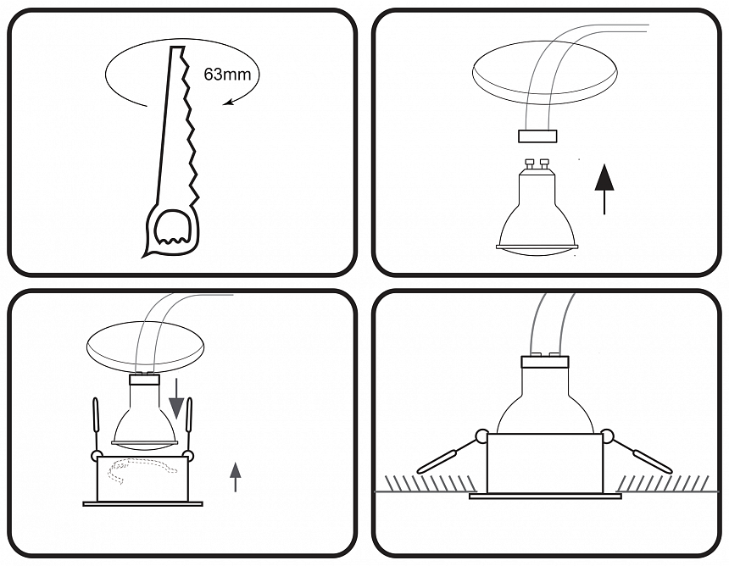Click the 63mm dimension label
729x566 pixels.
click(x=227, y=75)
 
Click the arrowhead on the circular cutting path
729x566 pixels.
click(x=227, y=102)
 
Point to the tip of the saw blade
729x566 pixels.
click(x=177, y=47)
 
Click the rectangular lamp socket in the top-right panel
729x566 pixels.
click(x=537, y=136)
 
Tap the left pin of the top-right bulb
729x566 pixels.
click(x=529, y=164)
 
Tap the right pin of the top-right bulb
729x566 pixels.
click(x=543, y=164)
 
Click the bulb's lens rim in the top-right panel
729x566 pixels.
click(x=537, y=247)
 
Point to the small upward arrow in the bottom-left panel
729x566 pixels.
click(x=236, y=477)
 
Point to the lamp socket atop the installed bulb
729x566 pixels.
click(x=545, y=363)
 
